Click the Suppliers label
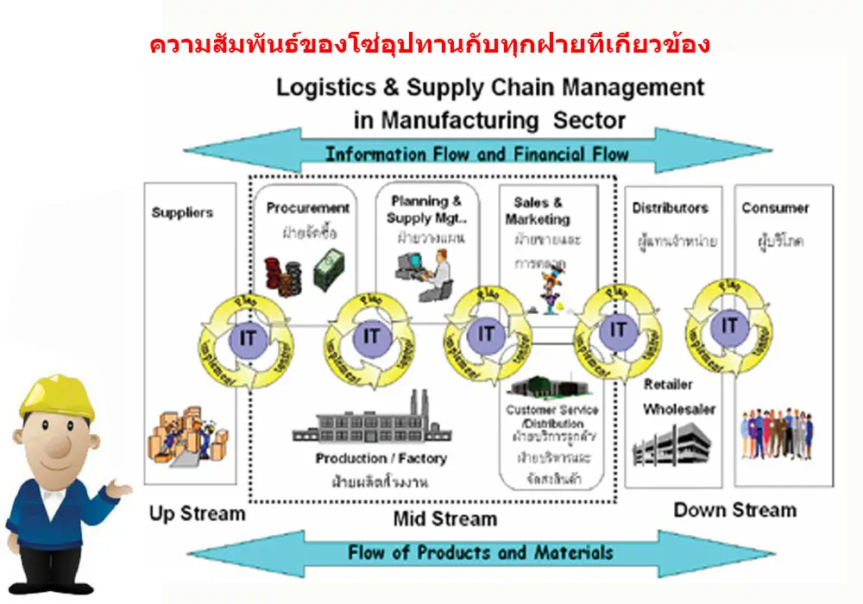[182, 211]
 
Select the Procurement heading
[307, 208]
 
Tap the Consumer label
[775, 208]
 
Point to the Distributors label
[670, 208]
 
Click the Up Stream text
[197, 514]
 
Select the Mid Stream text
[444, 519]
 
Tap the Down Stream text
[734, 510]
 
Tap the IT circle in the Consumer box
[729, 325]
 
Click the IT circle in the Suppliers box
[248, 337]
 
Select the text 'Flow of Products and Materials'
[481, 553]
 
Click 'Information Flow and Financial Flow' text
[476, 154]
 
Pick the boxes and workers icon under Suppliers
[183, 437]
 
